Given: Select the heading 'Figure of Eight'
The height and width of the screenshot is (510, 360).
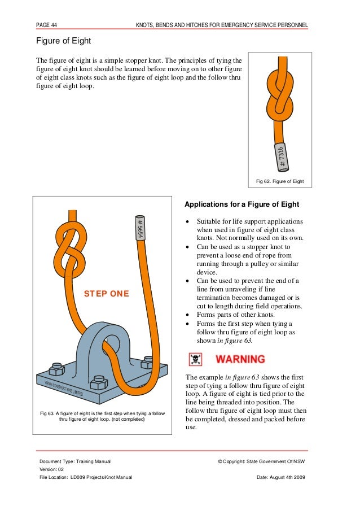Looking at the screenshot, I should [x=63, y=41].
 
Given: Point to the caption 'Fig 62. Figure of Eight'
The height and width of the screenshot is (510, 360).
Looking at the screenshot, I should [x=280, y=181].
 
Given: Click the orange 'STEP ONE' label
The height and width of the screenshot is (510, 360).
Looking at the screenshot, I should [x=106, y=294].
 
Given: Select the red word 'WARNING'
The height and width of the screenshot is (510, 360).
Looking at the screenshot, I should [x=240, y=359].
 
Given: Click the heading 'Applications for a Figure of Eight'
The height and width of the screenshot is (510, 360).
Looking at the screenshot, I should [x=242, y=204].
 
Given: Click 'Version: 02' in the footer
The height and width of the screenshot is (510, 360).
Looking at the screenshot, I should [x=52, y=470].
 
